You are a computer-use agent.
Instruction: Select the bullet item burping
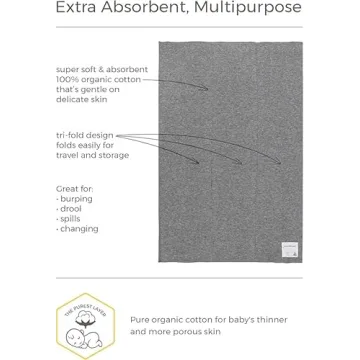click(76, 198)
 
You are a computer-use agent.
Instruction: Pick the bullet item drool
click(72, 208)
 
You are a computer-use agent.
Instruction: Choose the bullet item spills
click(72, 218)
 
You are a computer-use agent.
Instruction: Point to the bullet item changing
click(79, 229)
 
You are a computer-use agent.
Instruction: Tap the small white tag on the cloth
click(288, 248)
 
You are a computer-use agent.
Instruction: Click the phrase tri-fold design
click(84, 135)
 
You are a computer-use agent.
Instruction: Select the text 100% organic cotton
click(98, 79)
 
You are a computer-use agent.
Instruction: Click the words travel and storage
click(92, 155)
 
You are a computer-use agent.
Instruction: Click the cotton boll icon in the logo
click(84, 315)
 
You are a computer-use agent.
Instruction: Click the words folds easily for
click(85, 145)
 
